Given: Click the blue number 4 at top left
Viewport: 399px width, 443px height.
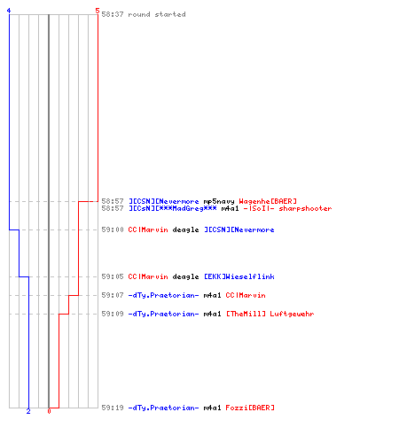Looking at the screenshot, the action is click(x=9, y=11).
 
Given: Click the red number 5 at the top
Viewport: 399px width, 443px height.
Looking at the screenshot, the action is click(x=98, y=11).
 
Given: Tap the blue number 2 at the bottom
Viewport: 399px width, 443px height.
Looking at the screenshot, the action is click(x=28, y=411).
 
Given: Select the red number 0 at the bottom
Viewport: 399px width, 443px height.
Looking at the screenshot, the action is click(x=49, y=411).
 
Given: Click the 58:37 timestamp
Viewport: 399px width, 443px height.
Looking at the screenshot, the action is click(x=113, y=14).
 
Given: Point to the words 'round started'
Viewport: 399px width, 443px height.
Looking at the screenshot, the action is click(x=157, y=14).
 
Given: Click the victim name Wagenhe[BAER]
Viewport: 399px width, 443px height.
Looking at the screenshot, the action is click(x=268, y=201).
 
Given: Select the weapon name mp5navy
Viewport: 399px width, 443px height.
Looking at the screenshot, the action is click(x=219, y=202).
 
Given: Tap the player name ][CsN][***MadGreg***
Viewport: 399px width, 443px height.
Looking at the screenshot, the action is click(x=173, y=208).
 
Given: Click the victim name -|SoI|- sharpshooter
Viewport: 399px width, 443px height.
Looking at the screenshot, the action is click(x=287, y=208).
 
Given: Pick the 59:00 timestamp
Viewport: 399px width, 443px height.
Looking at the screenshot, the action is click(x=113, y=229).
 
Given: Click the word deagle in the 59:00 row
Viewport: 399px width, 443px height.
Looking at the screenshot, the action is click(x=185, y=229).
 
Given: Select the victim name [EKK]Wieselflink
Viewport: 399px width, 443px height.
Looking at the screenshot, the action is click(x=239, y=276).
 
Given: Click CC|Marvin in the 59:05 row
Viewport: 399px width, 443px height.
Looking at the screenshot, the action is click(x=148, y=276).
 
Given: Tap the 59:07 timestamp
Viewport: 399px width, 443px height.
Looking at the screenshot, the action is click(x=113, y=295).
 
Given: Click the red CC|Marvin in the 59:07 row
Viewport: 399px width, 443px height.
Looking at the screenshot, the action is click(x=246, y=295).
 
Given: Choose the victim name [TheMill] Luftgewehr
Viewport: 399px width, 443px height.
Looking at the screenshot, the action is click(x=270, y=314).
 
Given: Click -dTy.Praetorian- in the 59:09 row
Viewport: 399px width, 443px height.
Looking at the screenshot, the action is click(x=163, y=314).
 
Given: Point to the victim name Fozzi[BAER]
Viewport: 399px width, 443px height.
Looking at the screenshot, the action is click(x=250, y=408).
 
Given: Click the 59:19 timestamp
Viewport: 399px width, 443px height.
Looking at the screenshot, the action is click(x=113, y=408).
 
